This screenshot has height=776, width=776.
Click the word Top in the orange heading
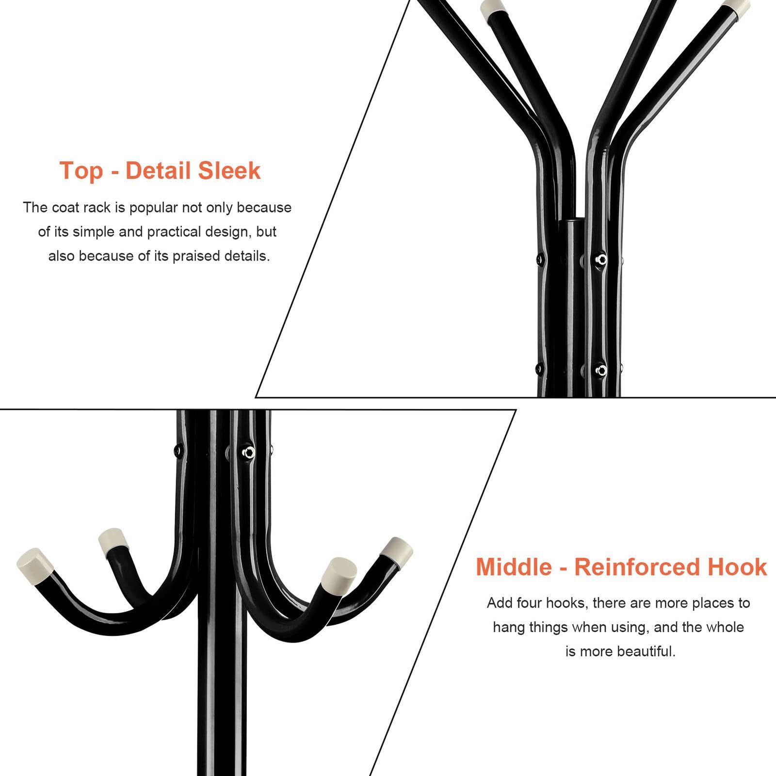(x=81, y=171)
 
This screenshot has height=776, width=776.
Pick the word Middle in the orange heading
(x=514, y=567)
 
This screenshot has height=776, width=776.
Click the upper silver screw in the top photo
(x=601, y=259)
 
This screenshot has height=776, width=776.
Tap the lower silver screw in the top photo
(x=601, y=371)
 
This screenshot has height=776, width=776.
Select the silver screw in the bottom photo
(x=249, y=453)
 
